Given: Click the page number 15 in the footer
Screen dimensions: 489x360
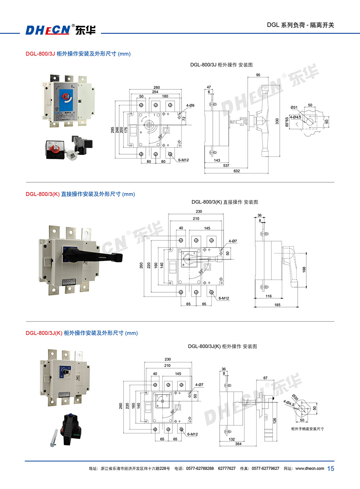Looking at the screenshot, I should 330,468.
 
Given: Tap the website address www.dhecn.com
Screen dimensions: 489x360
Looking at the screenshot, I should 310,468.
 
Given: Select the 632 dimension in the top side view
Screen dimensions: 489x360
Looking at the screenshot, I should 237,171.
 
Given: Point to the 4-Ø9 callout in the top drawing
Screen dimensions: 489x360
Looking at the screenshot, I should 190,106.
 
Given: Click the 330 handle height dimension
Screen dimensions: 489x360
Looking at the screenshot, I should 277,121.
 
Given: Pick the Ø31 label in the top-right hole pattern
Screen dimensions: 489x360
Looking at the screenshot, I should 294,107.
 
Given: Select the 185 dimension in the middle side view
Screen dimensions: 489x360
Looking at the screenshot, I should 277,305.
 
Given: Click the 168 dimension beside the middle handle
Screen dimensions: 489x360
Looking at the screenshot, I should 304,269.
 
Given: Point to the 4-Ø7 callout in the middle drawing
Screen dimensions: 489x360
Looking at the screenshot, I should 233,241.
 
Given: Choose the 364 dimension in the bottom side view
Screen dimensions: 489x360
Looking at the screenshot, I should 238,444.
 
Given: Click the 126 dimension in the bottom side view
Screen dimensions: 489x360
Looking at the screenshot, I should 275,420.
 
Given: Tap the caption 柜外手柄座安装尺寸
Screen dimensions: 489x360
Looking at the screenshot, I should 307,429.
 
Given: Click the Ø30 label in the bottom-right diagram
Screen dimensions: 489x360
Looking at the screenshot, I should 295,397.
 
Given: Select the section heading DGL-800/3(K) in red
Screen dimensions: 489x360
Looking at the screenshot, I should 42,194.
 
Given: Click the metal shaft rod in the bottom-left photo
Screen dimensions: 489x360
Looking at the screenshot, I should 54,438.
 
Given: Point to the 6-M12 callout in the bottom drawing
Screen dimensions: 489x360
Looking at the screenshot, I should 192,434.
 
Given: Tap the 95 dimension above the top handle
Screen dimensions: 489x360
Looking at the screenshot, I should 258,75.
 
